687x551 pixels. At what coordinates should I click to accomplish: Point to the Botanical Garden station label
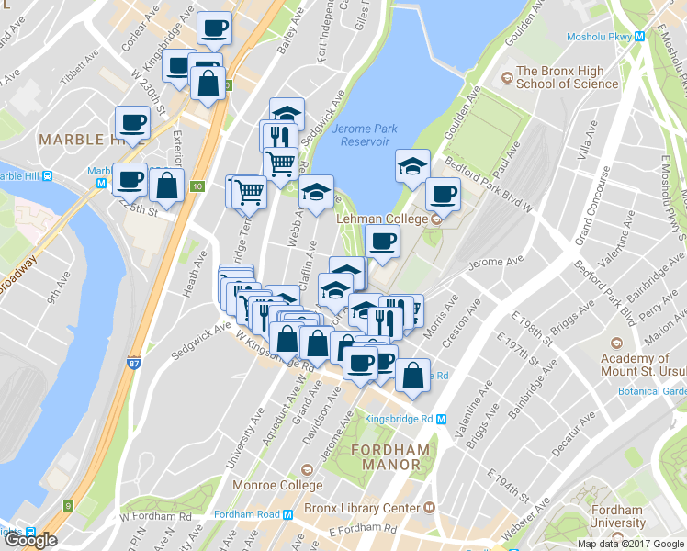[653, 390]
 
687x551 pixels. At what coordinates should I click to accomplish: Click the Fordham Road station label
[247, 514]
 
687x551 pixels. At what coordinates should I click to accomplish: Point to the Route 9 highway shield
[68, 505]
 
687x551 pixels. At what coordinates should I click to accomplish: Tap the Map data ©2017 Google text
[630, 544]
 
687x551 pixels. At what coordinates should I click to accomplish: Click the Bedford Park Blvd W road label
[488, 183]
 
